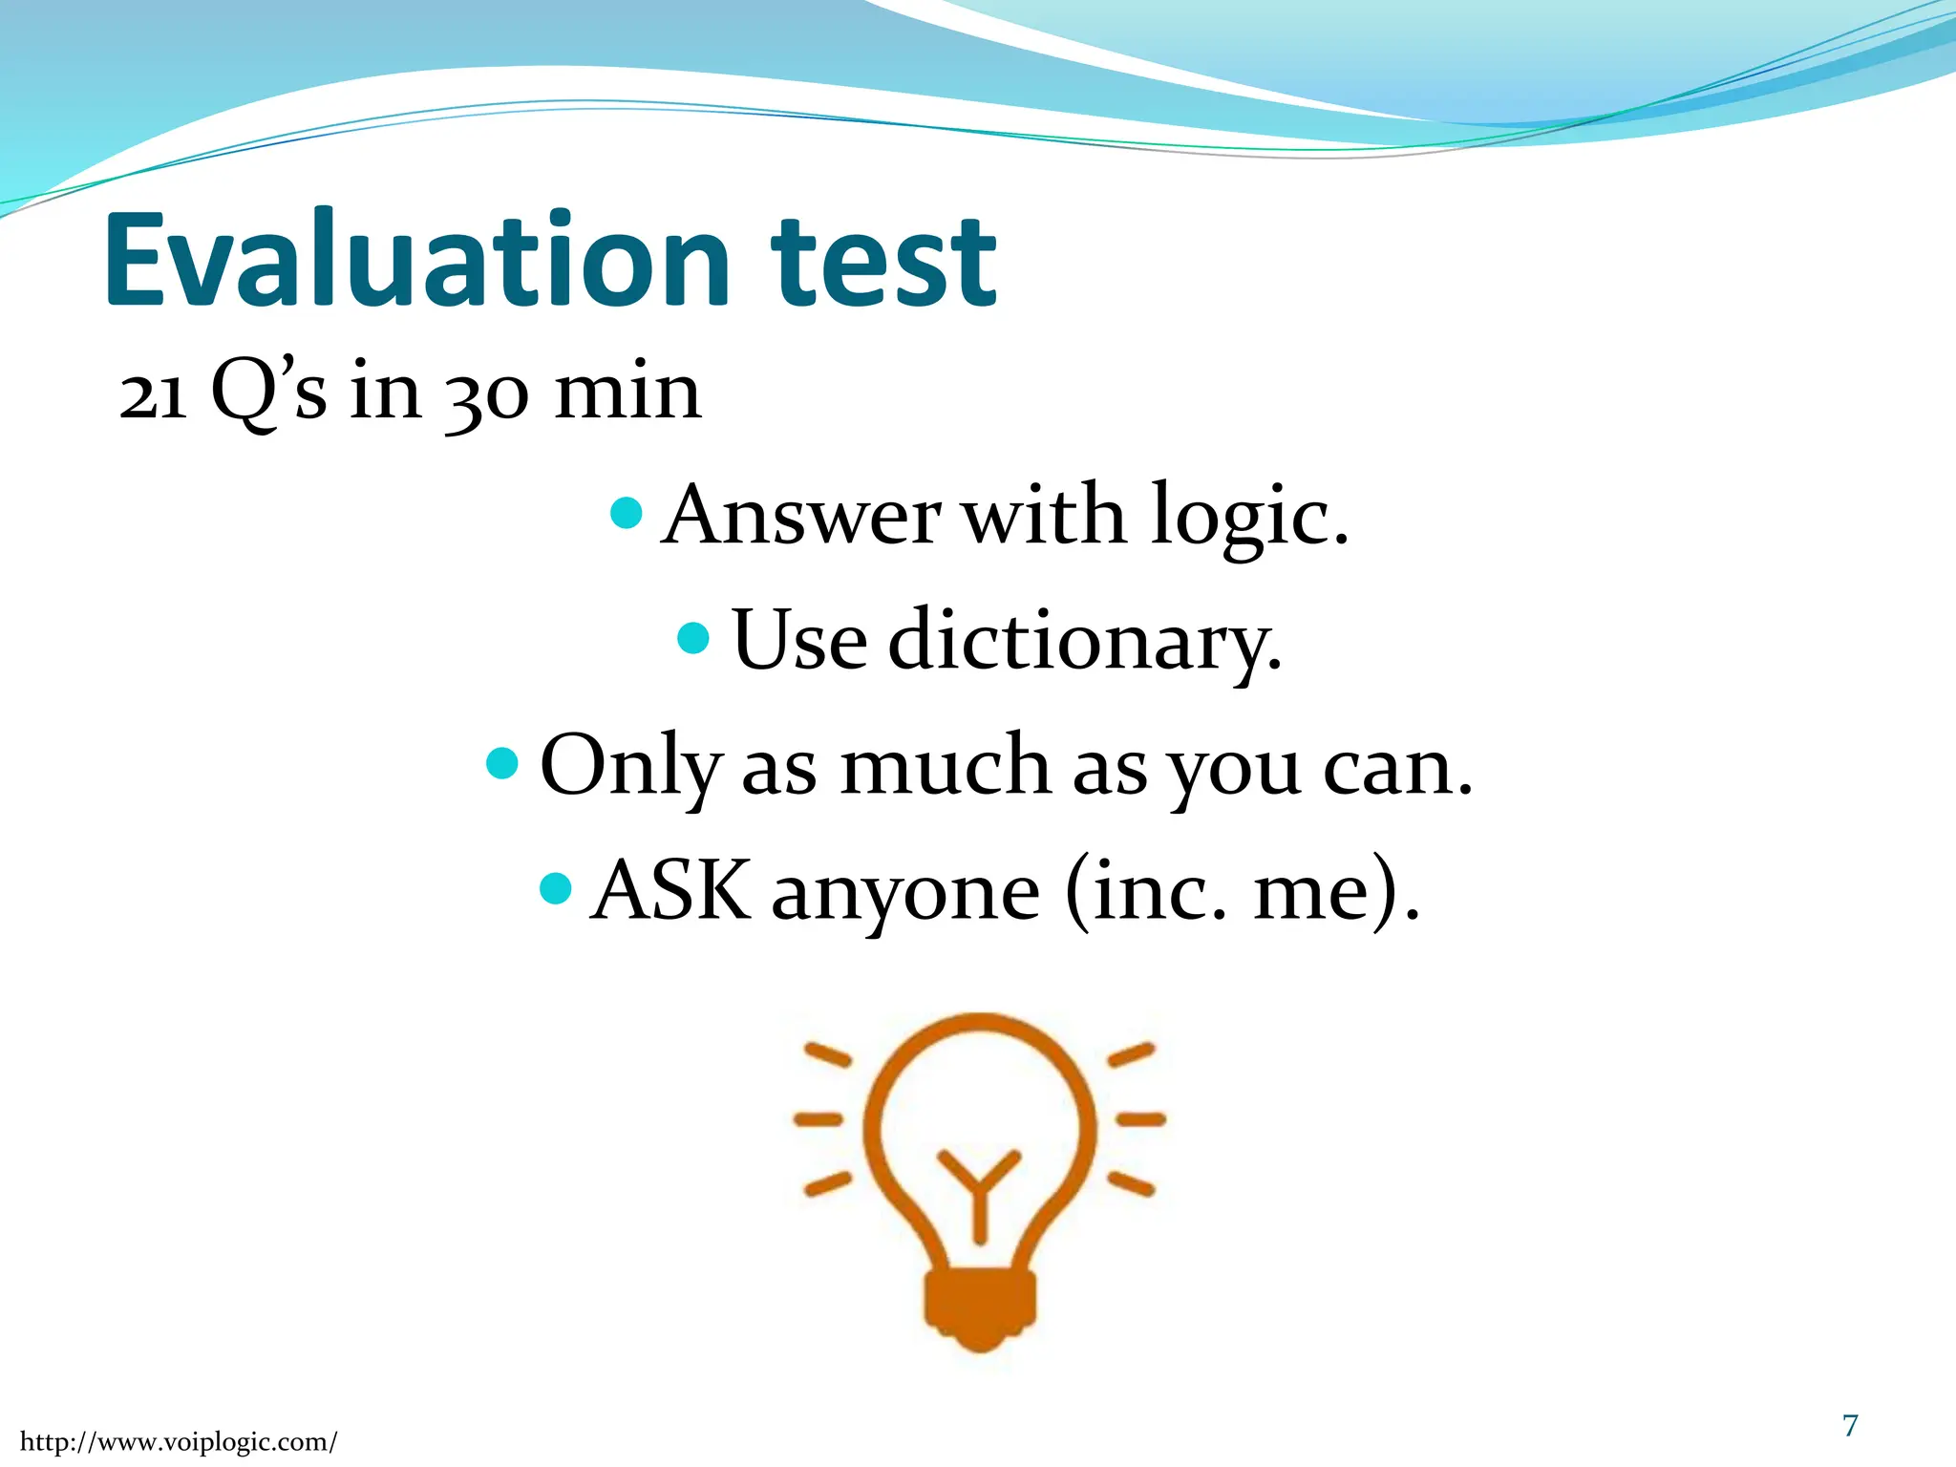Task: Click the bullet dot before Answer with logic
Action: [x=626, y=514]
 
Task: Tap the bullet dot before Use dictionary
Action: [x=692, y=638]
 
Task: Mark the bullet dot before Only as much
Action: [x=501, y=762]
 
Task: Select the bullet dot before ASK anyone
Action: [x=555, y=888]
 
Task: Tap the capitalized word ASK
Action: [x=670, y=890]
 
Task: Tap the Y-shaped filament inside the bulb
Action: [x=979, y=1189]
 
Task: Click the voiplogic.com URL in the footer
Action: [x=178, y=1441]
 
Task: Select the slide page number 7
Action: [x=1850, y=1425]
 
